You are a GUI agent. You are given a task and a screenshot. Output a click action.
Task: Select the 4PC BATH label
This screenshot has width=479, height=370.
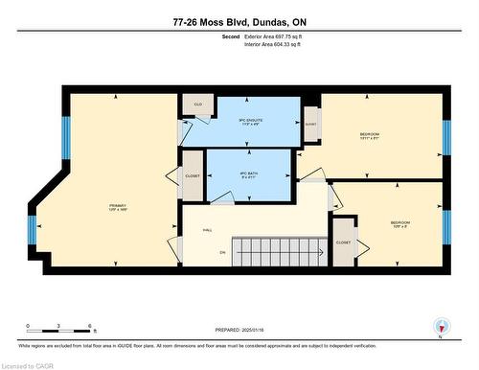(x=248, y=173)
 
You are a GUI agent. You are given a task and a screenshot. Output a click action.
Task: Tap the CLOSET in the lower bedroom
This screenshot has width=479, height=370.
(x=343, y=243)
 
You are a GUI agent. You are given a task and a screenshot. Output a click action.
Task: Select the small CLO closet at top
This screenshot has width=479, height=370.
(x=198, y=104)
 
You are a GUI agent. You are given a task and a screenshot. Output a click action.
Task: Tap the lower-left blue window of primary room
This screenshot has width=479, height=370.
(x=31, y=231)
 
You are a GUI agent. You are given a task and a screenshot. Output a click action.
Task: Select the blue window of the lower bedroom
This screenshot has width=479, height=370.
(x=446, y=228)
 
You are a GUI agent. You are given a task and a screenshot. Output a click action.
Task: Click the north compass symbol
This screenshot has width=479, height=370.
(x=440, y=326)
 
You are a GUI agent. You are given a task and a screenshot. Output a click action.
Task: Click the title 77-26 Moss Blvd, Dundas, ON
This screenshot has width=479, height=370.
(x=239, y=20)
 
